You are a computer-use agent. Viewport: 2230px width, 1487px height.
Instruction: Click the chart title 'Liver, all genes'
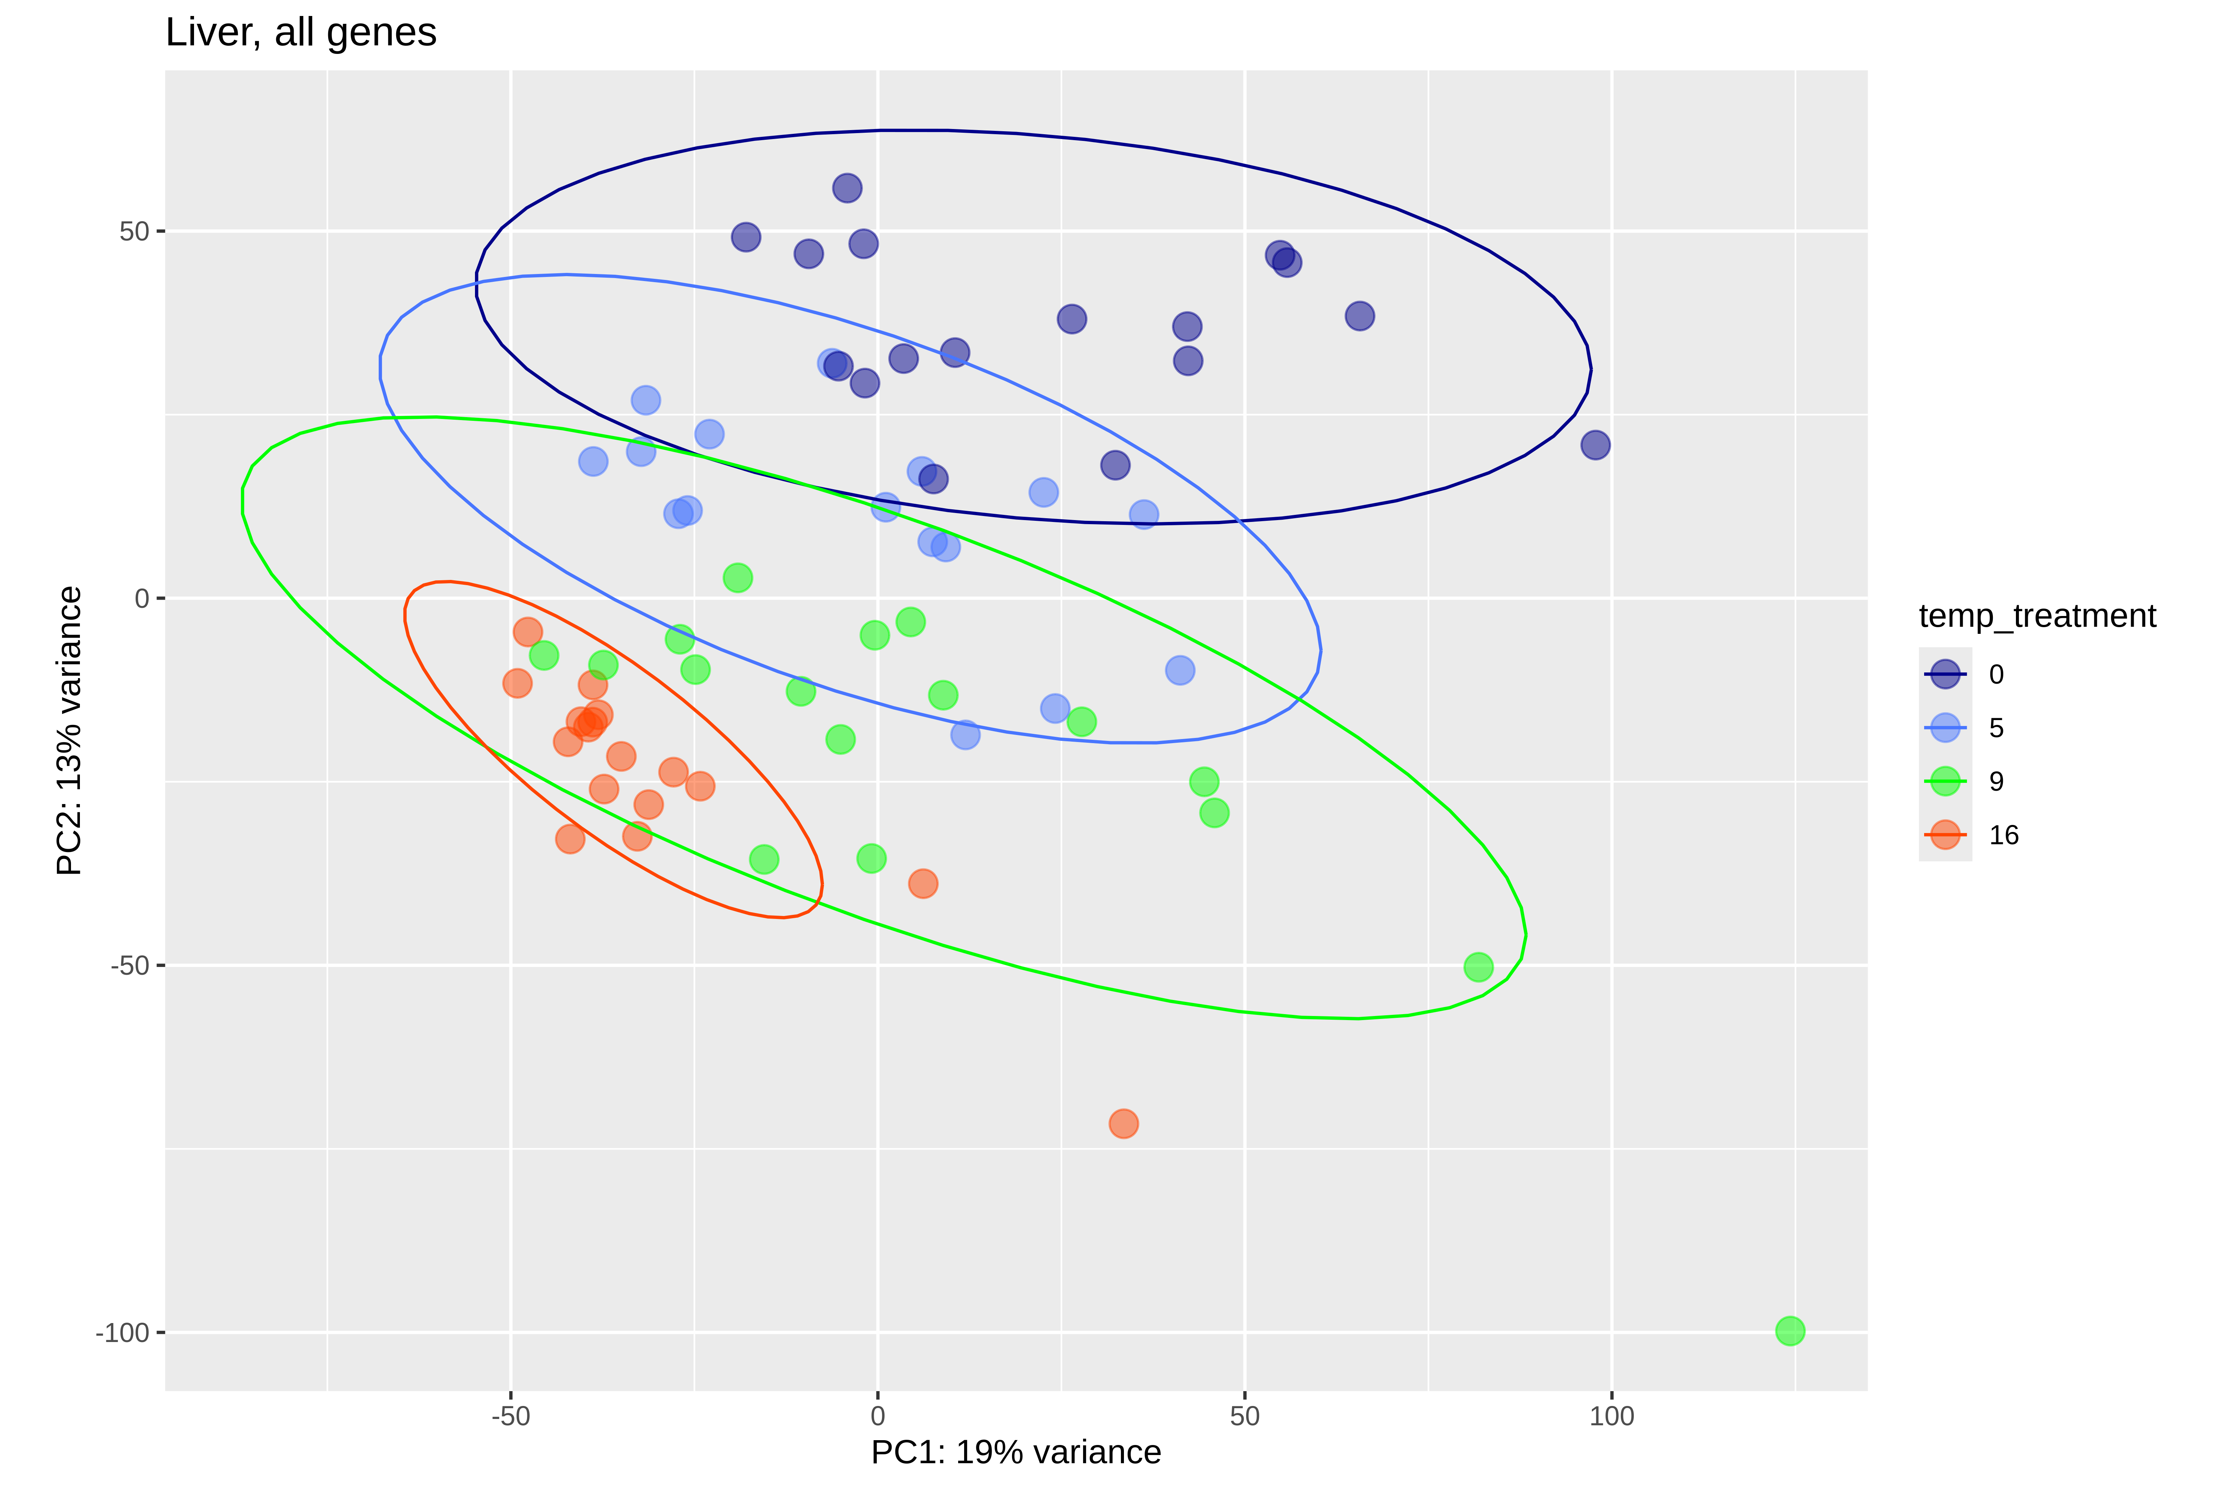tap(301, 32)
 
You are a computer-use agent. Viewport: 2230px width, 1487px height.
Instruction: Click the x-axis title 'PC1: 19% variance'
tap(1015, 1452)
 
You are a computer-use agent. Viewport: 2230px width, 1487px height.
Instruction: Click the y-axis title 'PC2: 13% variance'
tap(69, 730)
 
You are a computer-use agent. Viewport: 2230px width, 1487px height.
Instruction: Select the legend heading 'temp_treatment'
tap(2037, 616)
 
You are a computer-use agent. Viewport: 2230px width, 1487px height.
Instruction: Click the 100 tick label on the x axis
tap(1612, 1417)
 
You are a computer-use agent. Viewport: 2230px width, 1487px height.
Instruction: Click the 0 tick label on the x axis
tap(878, 1417)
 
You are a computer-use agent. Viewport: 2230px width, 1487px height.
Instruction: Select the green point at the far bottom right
tap(1789, 1330)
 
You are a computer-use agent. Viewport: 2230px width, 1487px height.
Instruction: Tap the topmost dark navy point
tap(847, 188)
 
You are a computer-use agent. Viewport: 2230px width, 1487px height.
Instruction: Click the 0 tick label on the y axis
tap(142, 599)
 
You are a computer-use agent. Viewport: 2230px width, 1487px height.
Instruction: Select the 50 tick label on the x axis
tap(1245, 1417)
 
